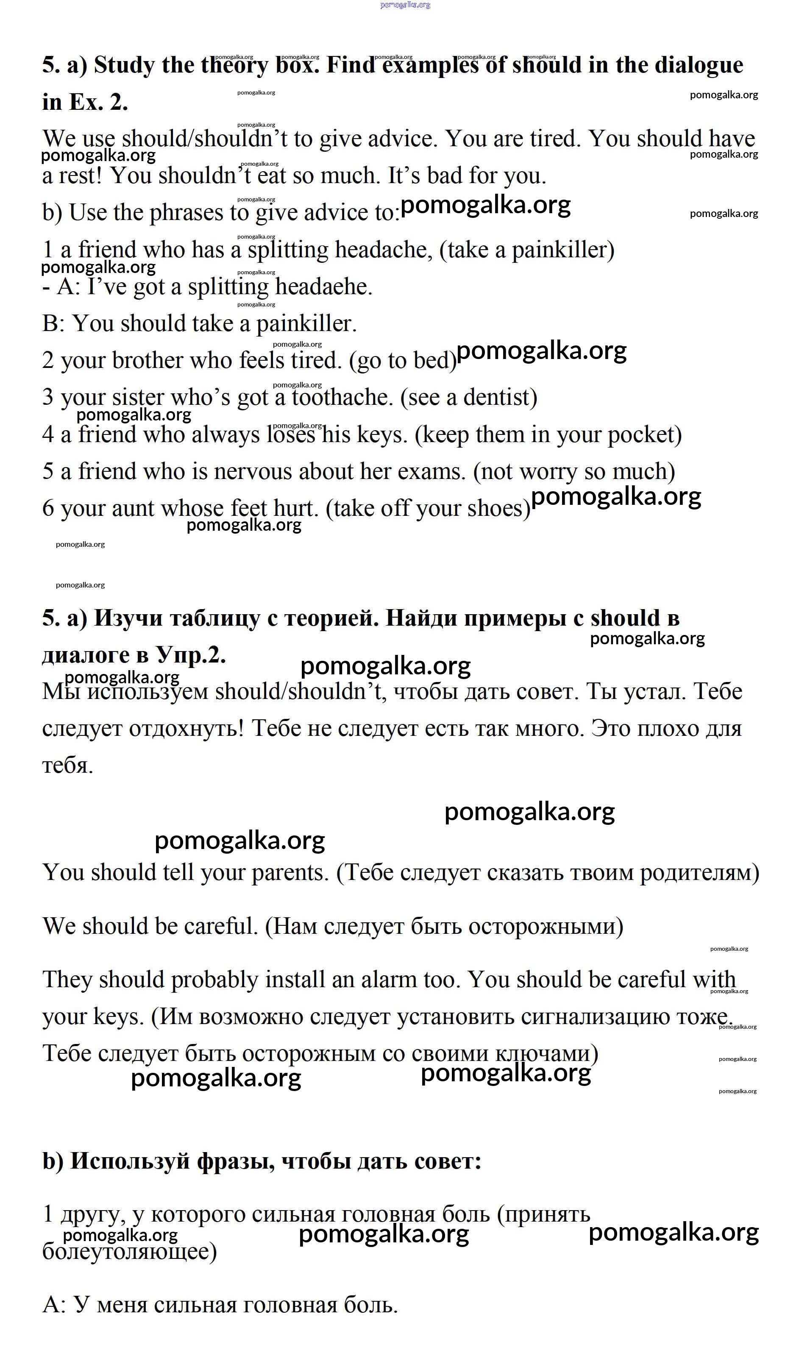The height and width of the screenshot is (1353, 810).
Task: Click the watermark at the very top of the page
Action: pyautogui.click(x=405, y=5)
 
